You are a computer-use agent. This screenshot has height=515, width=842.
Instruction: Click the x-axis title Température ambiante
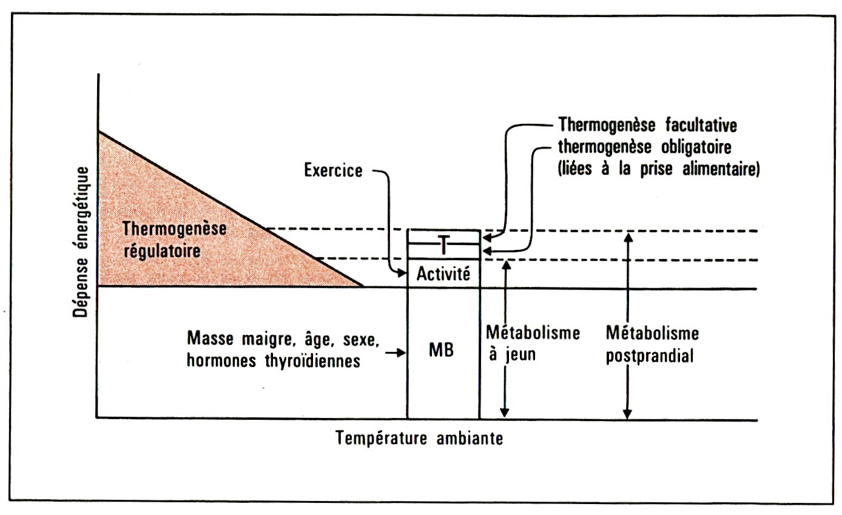[420, 438]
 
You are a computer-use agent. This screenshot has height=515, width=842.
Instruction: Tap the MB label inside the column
[442, 351]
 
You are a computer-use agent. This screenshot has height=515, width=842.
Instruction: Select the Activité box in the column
[443, 274]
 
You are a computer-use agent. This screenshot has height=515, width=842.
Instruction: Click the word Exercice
[334, 170]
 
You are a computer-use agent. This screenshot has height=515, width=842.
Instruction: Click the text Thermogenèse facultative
[647, 127]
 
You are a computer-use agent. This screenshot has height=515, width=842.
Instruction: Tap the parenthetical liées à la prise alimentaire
[658, 170]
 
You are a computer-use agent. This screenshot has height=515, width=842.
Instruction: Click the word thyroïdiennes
[318, 361]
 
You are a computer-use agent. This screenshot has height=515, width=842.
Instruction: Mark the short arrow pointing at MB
[397, 352]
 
